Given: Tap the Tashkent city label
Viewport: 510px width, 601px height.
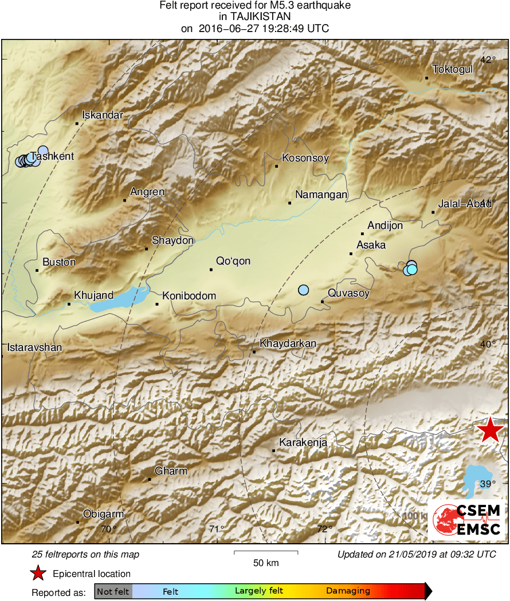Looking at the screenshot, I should pyautogui.click(x=52, y=156).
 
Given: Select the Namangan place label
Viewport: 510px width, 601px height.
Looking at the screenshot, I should pyautogui.click(x=321, y=195).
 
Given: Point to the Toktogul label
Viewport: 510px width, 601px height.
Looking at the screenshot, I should pyautogui.click(x=452, y=69).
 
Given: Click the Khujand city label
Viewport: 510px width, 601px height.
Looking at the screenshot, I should pyautogui.click(x=93, y=295).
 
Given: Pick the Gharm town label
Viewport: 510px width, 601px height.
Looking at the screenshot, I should pyautogui.click(x=171, y=471).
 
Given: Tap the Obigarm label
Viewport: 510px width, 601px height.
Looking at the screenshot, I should pyautogui.click(x=103, y=514).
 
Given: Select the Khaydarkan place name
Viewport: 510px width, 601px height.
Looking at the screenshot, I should pyautogui.click(x=288, y=344).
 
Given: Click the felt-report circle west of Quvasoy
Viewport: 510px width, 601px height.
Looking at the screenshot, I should pyautogui.click(x=303, y=290).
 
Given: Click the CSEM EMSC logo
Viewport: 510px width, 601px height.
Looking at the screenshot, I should pyautogui.click(x=466, y=520).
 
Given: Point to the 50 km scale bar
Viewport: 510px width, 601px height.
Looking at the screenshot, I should pyautogui.click(x=266, y=552).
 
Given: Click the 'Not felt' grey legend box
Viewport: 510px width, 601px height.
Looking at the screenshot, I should pyautogui.click(x=113, y=591).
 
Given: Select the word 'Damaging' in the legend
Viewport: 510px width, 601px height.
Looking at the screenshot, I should pyautogui.click(x=348, y=591).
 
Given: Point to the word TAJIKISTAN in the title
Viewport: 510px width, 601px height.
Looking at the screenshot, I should pyautogui.click(x=254, y=17).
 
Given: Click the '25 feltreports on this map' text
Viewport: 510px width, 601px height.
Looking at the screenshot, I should pyautogui.click(x=85, y=555).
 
